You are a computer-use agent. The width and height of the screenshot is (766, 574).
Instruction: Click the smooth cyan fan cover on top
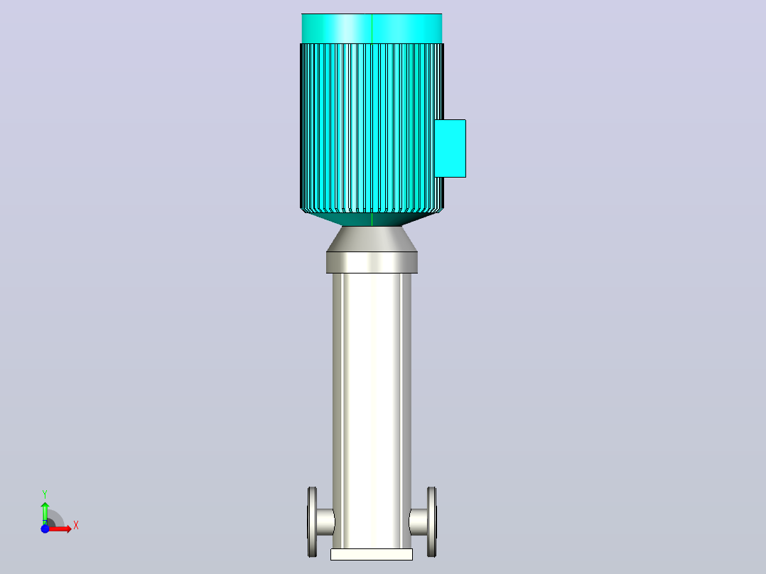click(372, 28)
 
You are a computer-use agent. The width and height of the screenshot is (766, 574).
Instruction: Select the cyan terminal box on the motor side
click(450, 148)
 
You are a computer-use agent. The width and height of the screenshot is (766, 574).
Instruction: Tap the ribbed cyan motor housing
click(372, 128)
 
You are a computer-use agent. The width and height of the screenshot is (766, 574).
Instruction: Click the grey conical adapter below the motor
click(372, 239)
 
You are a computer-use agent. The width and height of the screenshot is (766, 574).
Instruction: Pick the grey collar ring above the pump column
click(372, 262)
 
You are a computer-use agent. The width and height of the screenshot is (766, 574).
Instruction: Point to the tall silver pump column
click(372, 411)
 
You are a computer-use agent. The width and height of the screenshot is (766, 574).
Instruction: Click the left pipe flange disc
click(312, 521)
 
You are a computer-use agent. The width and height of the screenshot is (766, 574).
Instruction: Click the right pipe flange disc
click(432, 521)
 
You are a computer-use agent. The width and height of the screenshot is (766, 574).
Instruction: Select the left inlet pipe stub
click(325, 521)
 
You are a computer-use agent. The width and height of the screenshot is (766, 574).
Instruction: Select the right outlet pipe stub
click(418, 521)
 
